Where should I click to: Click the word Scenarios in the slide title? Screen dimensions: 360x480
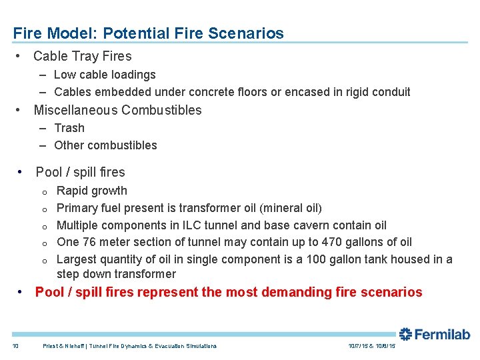(250, 33)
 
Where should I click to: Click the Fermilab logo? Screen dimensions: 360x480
(434, 335)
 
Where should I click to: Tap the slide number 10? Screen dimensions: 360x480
(16, 346)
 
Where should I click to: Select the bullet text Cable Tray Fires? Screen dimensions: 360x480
(83, 57)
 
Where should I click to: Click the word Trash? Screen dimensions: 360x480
(69, 128)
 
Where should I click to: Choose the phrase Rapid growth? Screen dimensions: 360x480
(92, 191)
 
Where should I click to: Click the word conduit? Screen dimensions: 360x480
(390, 92)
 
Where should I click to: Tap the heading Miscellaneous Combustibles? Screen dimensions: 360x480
(117, 110)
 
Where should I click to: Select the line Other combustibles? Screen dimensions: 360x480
(105, 145)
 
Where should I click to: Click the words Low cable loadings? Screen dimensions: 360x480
(105, 75)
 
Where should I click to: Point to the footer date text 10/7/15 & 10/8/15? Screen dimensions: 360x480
(372, 346)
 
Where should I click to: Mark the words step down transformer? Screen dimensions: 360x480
(116, 274)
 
